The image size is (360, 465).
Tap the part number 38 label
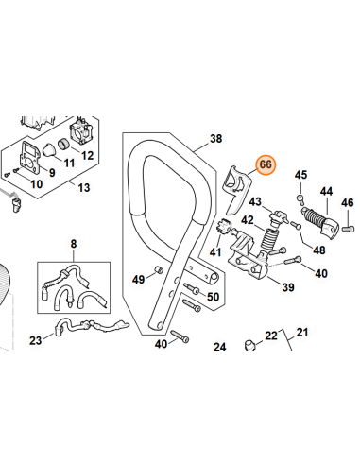click(215, 140)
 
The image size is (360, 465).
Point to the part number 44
click(327, 191)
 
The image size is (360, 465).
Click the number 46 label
click(347, 201)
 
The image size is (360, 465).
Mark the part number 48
click(318, 250)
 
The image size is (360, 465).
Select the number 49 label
click(138, 279)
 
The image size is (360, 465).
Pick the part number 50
click(213, 298)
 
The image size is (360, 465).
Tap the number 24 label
click(220, 348)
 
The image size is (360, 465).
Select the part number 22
click(270, 336)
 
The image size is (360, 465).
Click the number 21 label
click(302, 332)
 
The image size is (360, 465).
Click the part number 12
click(87, 155)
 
